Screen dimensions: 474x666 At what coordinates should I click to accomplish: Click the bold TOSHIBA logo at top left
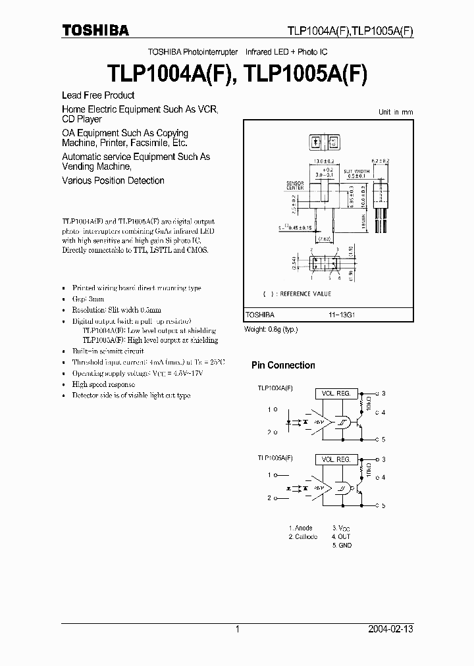point(95,30)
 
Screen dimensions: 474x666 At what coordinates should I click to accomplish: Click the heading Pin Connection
point(283,365)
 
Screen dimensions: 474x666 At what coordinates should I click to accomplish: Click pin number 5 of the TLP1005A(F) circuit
point(384,505)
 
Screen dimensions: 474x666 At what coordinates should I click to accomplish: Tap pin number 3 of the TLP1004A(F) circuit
point(384,394)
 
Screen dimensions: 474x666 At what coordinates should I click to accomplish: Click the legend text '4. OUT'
point(342,536)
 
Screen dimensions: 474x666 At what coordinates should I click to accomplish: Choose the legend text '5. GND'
point(342,546)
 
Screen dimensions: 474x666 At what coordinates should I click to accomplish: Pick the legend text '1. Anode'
point(301,528)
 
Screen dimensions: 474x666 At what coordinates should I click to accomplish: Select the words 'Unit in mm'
point(396,113)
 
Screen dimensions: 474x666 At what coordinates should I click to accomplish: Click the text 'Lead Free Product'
point(97,95)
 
